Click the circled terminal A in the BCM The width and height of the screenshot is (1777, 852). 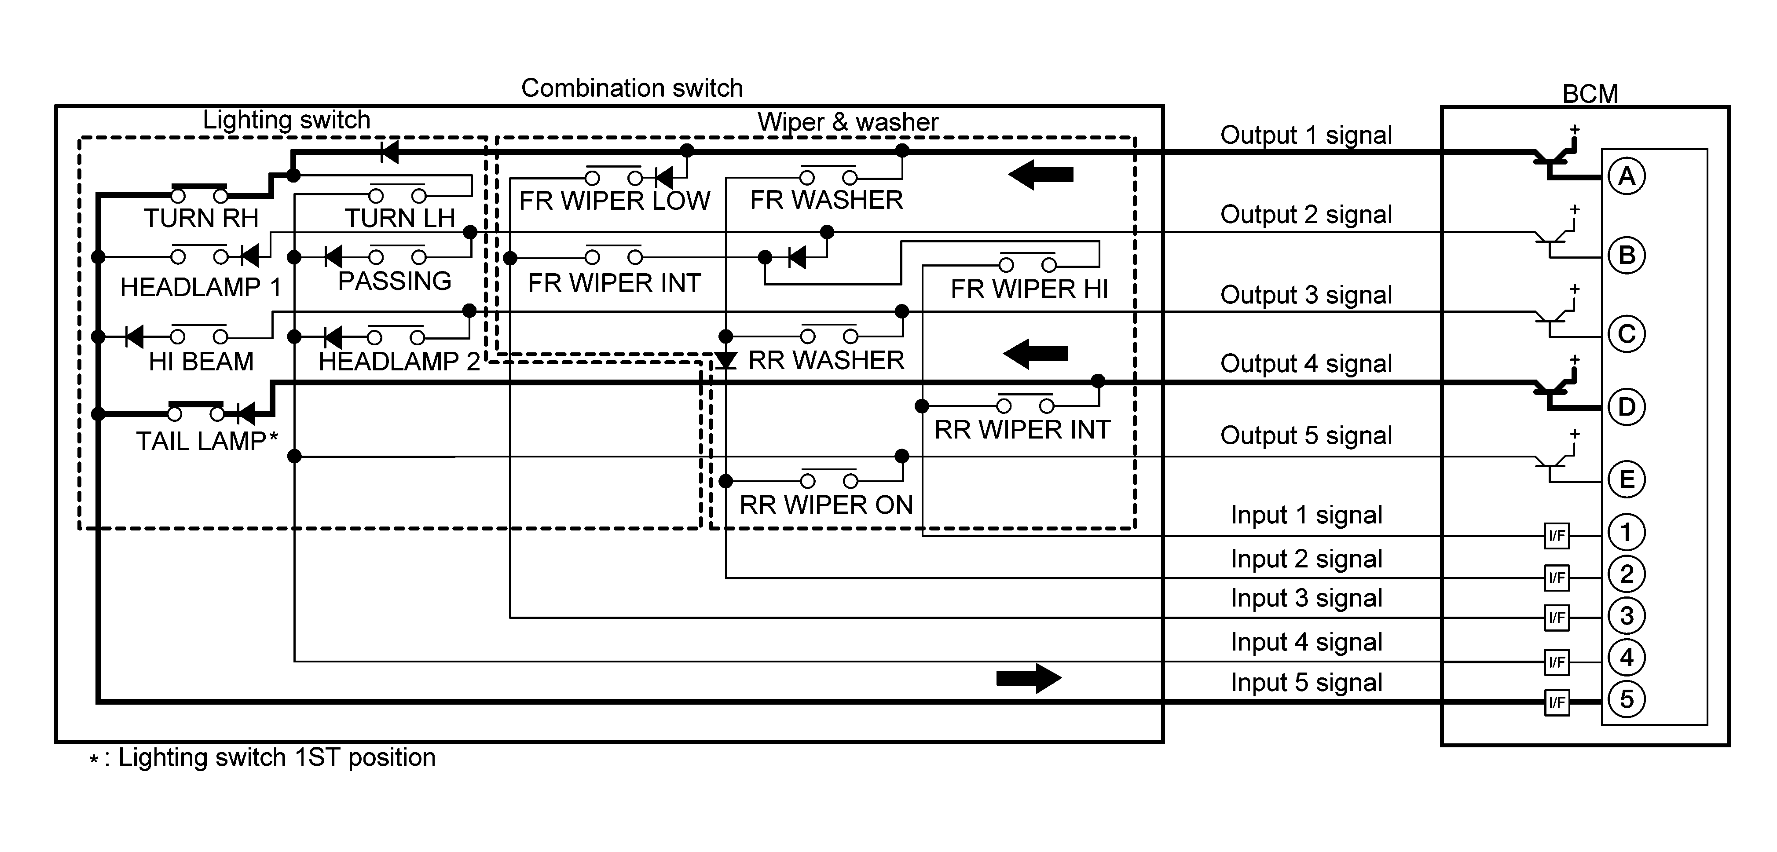pos(1627,177)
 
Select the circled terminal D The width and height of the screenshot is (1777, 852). pos(1627,407)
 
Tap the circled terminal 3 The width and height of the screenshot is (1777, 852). pos(1627,615)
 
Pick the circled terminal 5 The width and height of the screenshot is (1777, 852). pos(1627,699)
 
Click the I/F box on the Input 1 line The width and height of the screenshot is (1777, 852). pos(1556,535)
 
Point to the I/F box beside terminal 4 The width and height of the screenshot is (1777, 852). pos(1556,662)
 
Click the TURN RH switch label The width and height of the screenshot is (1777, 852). pos(201,218)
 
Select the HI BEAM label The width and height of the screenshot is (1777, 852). pos(201,362)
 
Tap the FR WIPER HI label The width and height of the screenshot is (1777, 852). pos(1029,289)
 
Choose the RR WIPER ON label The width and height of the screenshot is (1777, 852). pos(826,505)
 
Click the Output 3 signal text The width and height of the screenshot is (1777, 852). pos(1306,295)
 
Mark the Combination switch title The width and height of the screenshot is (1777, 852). pos(632,88)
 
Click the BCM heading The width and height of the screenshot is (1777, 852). pos(1590,94)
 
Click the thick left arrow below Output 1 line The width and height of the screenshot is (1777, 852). pos(1040,175)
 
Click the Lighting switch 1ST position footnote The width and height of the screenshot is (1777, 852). pos(269,757)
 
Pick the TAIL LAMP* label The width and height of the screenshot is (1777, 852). pos(206,441)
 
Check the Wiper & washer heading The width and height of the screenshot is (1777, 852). pos(848,122)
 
